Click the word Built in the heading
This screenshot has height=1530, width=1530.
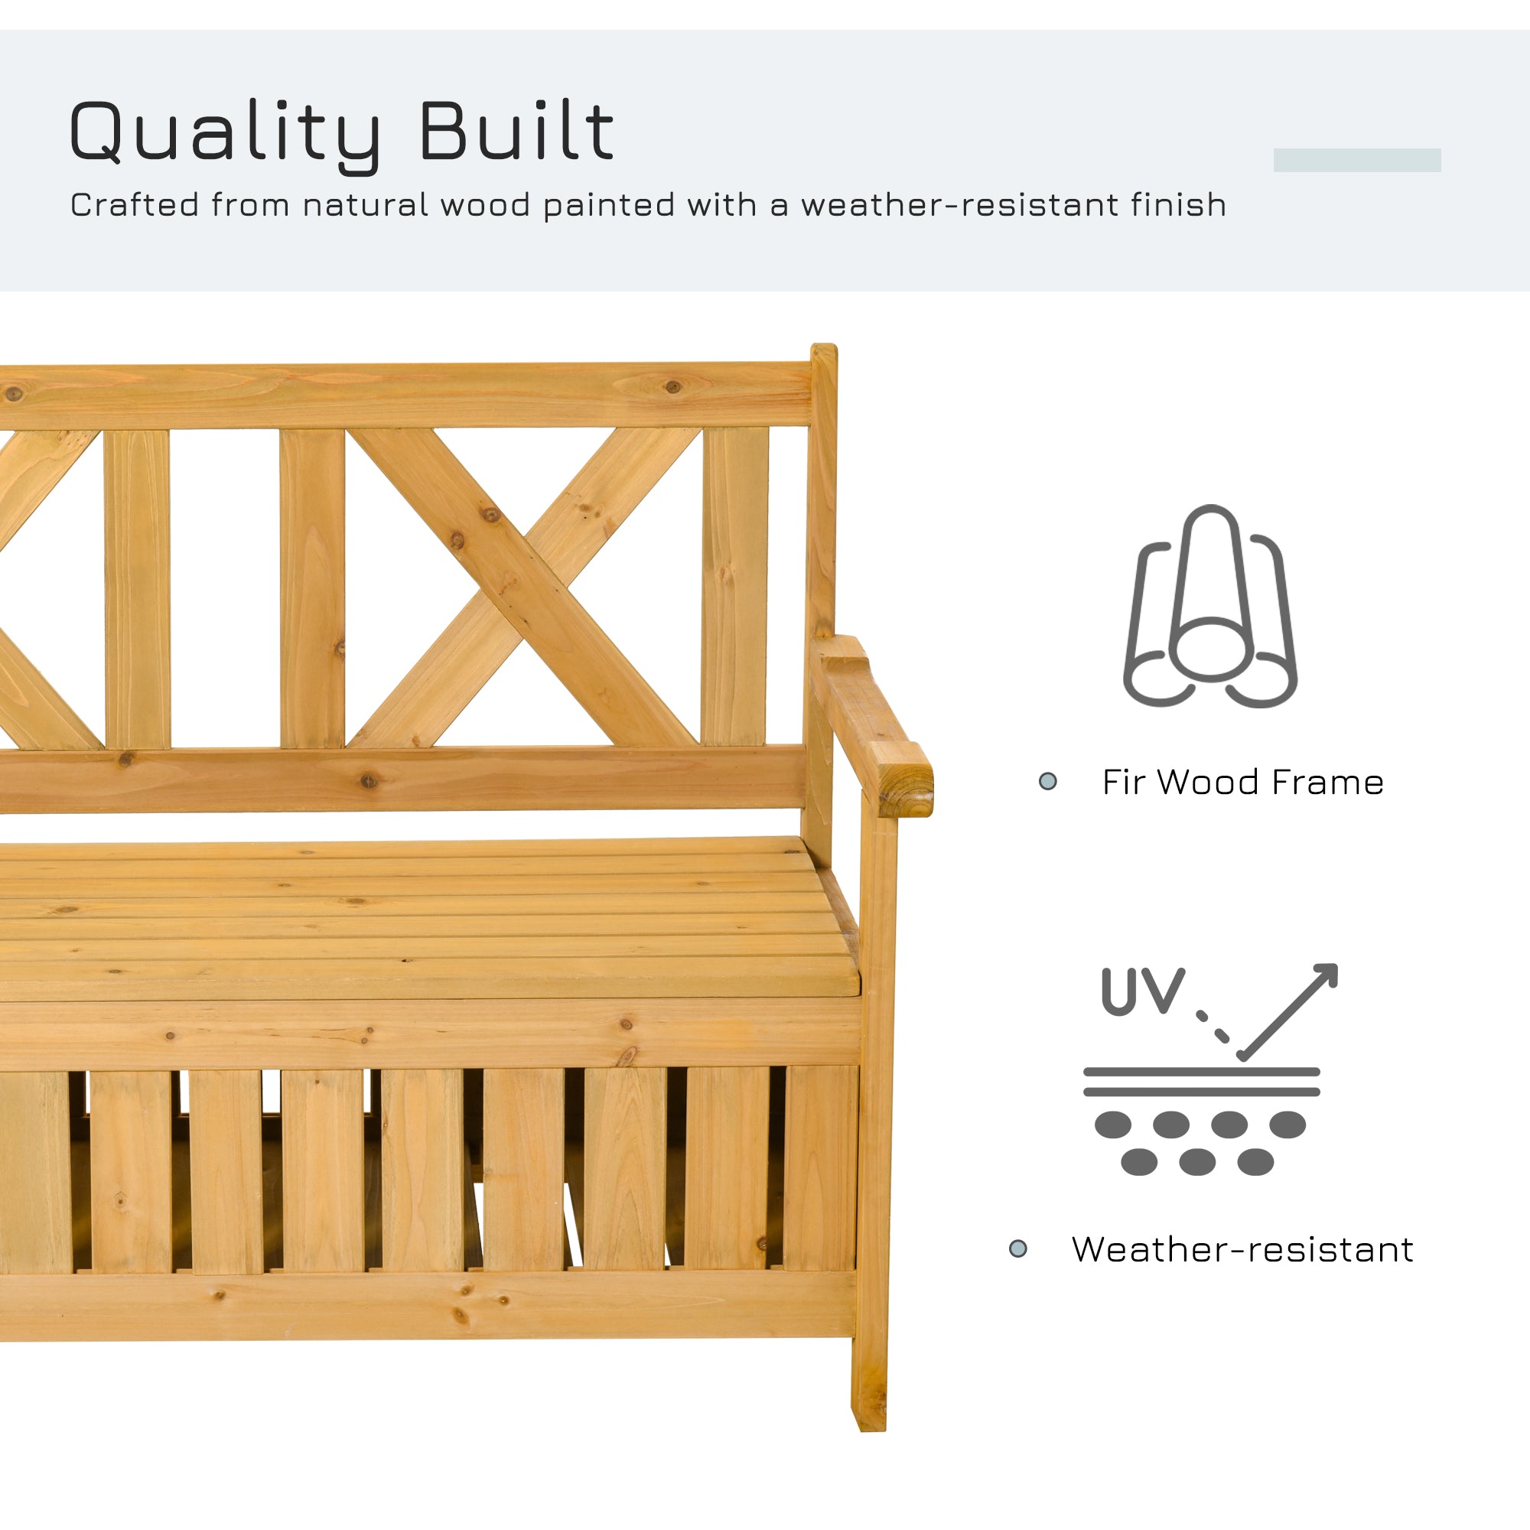click(516, 131)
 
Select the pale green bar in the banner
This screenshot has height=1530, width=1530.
click(1356, 160)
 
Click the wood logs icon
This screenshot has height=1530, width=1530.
click(1210, 607)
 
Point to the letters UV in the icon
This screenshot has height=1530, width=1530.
click(1142, 991)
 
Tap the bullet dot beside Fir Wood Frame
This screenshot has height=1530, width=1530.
click(1048, 782)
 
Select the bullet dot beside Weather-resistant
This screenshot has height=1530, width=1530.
click(1017, 1249)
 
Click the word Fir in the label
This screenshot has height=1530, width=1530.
click(1124, 783)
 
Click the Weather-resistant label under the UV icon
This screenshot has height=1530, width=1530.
click(1242, 1250)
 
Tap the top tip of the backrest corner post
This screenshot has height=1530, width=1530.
click(824, 350)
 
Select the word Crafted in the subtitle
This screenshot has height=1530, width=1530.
click(135, 205)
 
